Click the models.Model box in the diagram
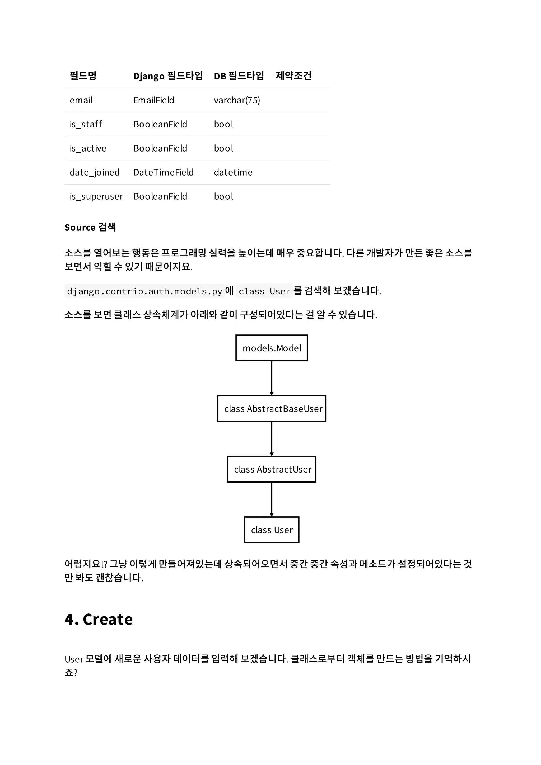[x=271, y=348]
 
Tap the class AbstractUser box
[x=271, y=469]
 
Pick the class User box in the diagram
[x=271, y=530]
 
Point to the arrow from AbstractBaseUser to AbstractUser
[x=271, y=438]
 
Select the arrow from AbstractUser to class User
[x=271, y=499]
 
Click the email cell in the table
[x=81, y=100]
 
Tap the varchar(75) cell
[x=237, y=100]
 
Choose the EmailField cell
[x=154, y=100]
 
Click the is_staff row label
[x=86, y=124]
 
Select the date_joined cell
[x=94, y=172]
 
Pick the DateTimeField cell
[x=163, y=172]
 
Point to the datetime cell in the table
[x=233, y=172]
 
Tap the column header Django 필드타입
[x=168, y=76]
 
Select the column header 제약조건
[x=293, y=76]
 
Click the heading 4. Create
[x=99, y=619]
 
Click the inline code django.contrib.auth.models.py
[x=144, y=291]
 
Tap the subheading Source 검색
[x=90, y=227]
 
